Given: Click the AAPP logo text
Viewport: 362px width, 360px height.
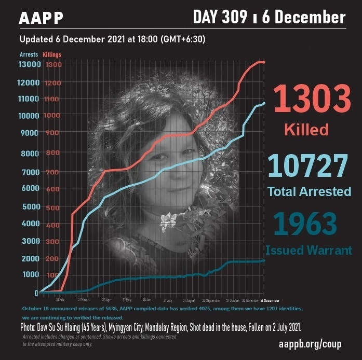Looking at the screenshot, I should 41,18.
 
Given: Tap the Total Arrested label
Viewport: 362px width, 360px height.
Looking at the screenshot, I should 309,191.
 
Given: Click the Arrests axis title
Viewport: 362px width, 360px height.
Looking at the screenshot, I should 29,54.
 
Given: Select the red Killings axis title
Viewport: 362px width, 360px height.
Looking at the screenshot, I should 52,54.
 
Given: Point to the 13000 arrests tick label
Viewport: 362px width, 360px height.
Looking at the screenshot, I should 29,64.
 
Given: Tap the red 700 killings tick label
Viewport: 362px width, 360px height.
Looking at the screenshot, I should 52,171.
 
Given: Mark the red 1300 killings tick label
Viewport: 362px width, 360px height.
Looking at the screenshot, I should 52,65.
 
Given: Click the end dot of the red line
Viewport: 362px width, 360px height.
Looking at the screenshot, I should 263,62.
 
